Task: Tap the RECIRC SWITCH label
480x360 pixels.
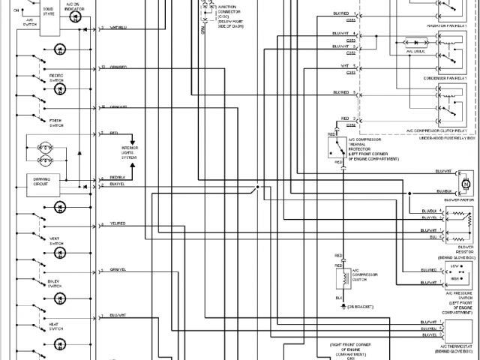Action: tap(56, 78)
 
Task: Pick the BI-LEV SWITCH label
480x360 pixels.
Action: tap(56, 283)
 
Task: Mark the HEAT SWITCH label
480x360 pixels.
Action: tap(56, 325)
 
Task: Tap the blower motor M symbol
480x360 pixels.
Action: tap(464, 184)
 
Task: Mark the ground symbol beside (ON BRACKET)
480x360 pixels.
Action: tap(343, 305)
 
